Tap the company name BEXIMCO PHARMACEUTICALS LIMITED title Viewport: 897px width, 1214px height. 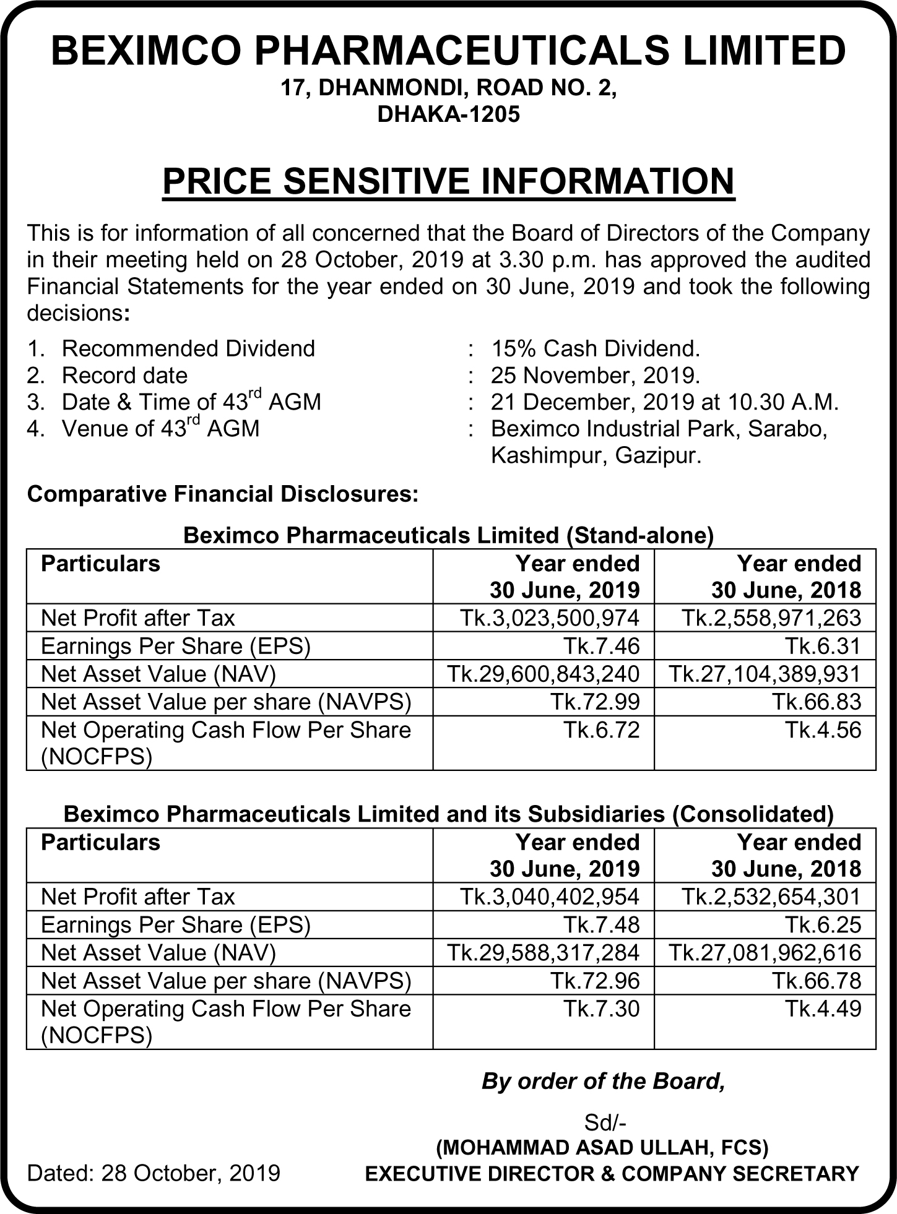click(448, 51)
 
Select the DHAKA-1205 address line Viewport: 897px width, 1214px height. click(448, 114)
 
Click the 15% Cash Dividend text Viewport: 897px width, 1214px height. click(595, 348)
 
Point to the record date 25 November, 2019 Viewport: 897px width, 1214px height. click(595, 375)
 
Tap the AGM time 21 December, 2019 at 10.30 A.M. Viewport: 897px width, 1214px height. click(664, 402)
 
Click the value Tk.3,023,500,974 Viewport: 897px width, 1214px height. click(549, 618)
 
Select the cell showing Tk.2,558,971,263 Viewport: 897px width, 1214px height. click(771, 618)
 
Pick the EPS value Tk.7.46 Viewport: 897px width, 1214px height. click(600, 646)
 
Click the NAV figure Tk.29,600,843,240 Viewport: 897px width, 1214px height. click(543, 674)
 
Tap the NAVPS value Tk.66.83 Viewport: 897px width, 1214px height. click(816, 702)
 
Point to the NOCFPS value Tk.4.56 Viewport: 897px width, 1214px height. click(823, 730)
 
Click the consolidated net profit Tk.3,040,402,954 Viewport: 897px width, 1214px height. click(549, 897)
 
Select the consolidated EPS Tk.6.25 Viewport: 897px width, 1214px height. click(823, 924)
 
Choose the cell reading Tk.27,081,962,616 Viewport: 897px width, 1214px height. click(765, 952)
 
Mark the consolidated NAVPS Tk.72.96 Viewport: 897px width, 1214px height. click(594, 981)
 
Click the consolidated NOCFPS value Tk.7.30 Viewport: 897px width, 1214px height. click(600, 1009)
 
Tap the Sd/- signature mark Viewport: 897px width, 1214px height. click(602, 1123)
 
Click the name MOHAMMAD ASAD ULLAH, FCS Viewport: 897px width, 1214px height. click(602, 1148)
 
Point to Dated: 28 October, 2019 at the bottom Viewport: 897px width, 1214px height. click(154, 1173)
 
